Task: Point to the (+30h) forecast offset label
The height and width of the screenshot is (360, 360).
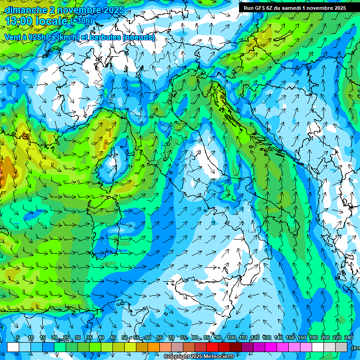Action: click(x=81, y=21)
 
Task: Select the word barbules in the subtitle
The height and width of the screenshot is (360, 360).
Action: click(x=106, y=37)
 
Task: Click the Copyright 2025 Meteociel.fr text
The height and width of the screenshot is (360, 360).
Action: click(x=199, y=357)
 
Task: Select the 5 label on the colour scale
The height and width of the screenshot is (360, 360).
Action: click(x=18, y=338)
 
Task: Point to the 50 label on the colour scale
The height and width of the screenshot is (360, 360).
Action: click(x=125, y=338)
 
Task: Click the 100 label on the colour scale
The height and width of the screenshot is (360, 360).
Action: click(x=231, y=338)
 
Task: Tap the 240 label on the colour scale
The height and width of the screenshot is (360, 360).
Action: click(x=349, y=338)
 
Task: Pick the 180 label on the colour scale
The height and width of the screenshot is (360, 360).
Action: click(x=314, y=338)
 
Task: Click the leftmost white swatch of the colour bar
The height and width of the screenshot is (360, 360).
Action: click(x=13, y=347)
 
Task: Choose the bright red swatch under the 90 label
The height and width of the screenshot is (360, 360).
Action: click(x=213, y=347)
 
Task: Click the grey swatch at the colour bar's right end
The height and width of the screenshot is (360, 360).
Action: click(x=341, y=347)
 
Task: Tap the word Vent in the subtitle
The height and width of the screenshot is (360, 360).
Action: click(x=13, y=37)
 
